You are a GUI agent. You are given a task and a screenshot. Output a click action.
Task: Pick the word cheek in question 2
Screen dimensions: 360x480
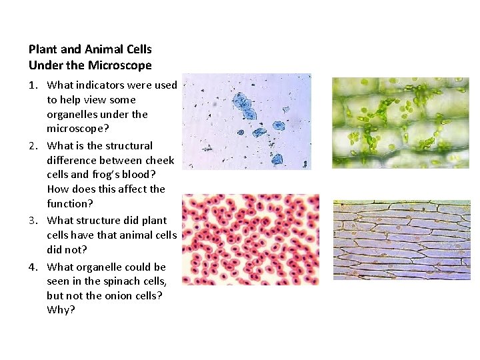point(160,160)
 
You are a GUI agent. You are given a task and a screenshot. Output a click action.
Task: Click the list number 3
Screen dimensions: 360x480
point(33,220)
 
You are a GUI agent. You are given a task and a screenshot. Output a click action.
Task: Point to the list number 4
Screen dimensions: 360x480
point(33,267)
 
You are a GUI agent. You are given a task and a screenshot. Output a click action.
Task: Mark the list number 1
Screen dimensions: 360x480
point(33,85)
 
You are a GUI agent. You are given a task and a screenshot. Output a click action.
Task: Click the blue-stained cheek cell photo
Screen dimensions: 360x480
point(247,121)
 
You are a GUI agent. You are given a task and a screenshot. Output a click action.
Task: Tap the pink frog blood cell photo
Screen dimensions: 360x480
point(251,239)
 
